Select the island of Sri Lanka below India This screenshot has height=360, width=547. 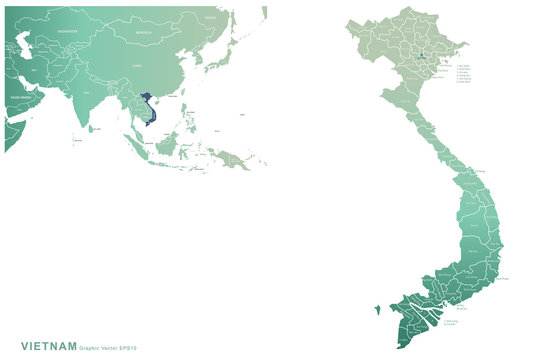90,129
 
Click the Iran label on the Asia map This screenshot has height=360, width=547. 35,70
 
